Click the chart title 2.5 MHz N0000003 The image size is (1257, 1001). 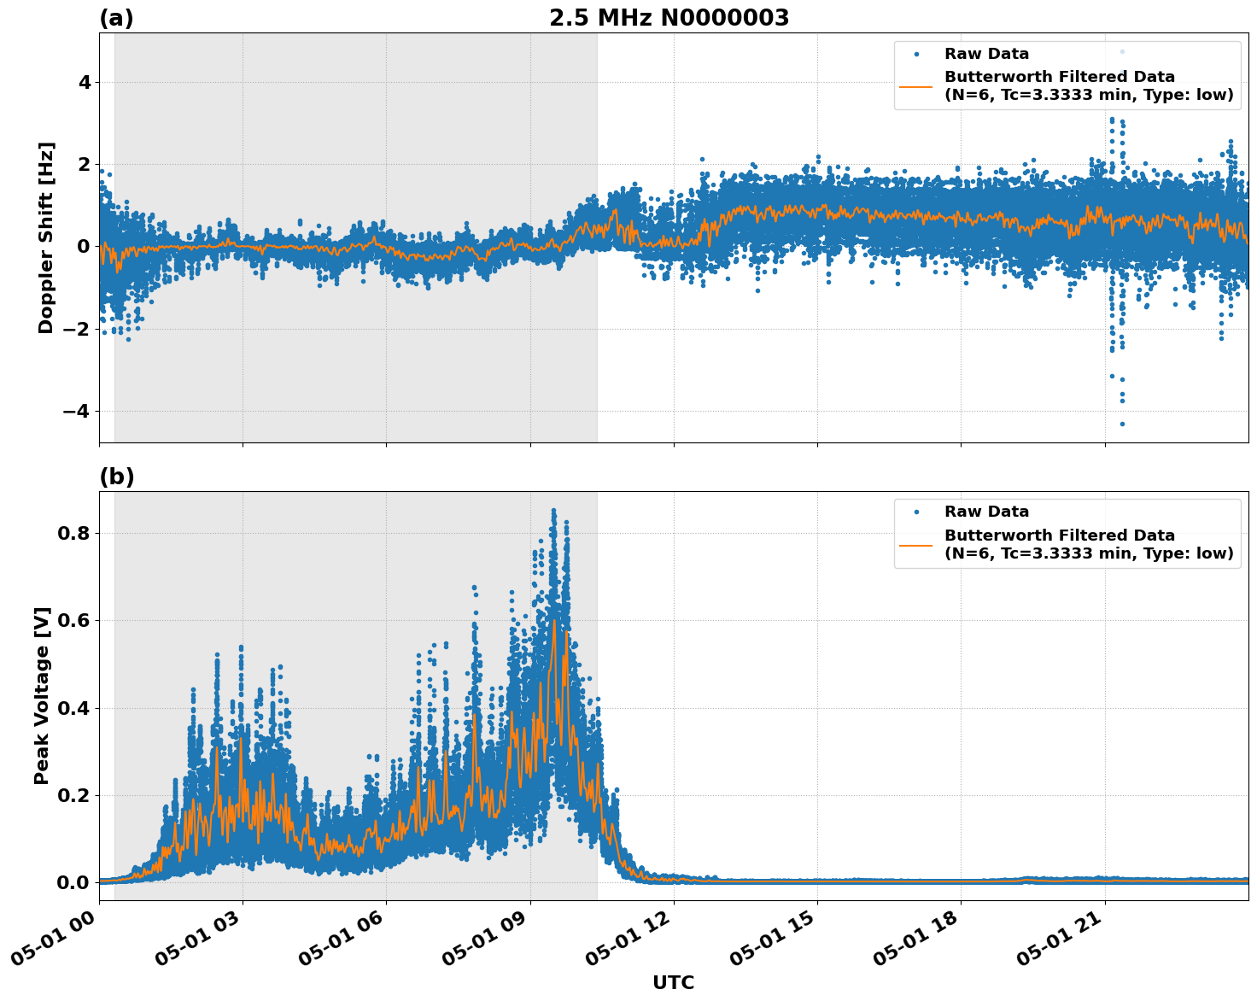tap(669, 18)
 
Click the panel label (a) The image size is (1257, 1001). tap(116, 18)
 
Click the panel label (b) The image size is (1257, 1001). tap(116, 477)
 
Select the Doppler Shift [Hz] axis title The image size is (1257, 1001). tap(46, 237)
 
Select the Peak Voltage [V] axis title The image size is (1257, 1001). tap(42, 695)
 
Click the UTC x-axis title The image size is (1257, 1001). tap(673, 982)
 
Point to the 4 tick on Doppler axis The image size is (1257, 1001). tap(85, 83)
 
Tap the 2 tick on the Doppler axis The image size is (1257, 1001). tap(85, 165)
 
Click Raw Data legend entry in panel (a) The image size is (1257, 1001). tap(986, 54)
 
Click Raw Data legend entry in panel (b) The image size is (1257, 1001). tap(986, 512)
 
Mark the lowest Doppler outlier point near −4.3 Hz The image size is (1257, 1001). tap(1122, 424)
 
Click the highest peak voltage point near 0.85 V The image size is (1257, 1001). tap(553, 511)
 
